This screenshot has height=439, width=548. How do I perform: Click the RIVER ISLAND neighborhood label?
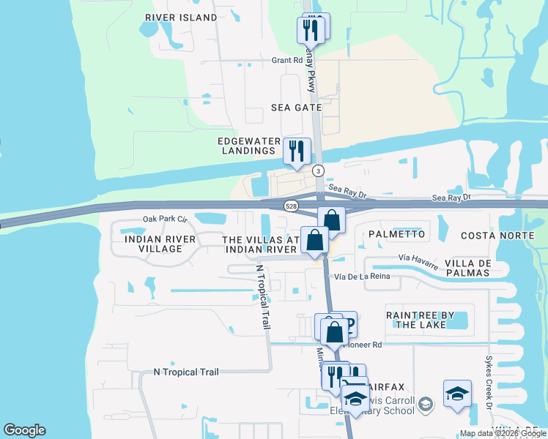tap(181, 18)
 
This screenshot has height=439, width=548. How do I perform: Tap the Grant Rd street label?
tap(287, 61)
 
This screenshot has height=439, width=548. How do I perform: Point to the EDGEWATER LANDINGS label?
tap(245, 146)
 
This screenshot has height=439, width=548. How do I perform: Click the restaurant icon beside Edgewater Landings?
tap(297, 151)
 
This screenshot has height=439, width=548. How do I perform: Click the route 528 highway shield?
tap(292, 207)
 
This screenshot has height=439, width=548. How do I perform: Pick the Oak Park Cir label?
tap(166, 219)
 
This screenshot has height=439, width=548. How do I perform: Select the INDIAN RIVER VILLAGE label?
tap(160, 244)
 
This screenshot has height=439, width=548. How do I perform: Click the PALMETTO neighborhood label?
tap(396, 234)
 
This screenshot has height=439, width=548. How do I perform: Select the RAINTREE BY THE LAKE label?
tap(421, 320)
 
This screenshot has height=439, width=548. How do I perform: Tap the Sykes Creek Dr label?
tap(489, 380)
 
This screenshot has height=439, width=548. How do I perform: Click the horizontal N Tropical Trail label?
tap(186, 372)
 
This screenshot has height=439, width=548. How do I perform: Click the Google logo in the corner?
tap(24, 430)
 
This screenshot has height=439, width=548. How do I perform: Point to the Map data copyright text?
tap(502, 433)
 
